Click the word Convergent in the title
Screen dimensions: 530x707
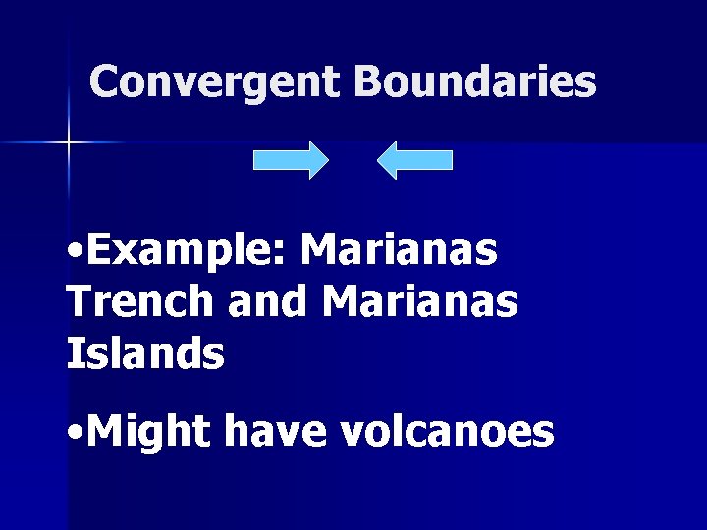click(x=216, y=82)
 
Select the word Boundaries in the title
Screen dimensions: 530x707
click(x=475, y=82)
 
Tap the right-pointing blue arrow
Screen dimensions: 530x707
click(x=291, y=160)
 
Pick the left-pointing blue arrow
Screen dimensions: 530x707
click(x=415, y=160)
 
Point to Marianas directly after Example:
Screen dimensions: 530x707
click(x=400, y=252)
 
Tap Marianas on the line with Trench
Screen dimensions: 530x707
click(x=419, y=302)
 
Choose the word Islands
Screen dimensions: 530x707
click(x=145, y=353)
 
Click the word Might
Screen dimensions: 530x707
click(x=149, y=432)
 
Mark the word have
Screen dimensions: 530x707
click(x=274, y=432)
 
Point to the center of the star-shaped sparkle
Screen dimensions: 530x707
click(x=69, y=143)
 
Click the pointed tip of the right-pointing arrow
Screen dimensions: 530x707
click(x=328, y=160)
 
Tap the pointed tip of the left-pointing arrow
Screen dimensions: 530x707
click(x=379, y=160)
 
